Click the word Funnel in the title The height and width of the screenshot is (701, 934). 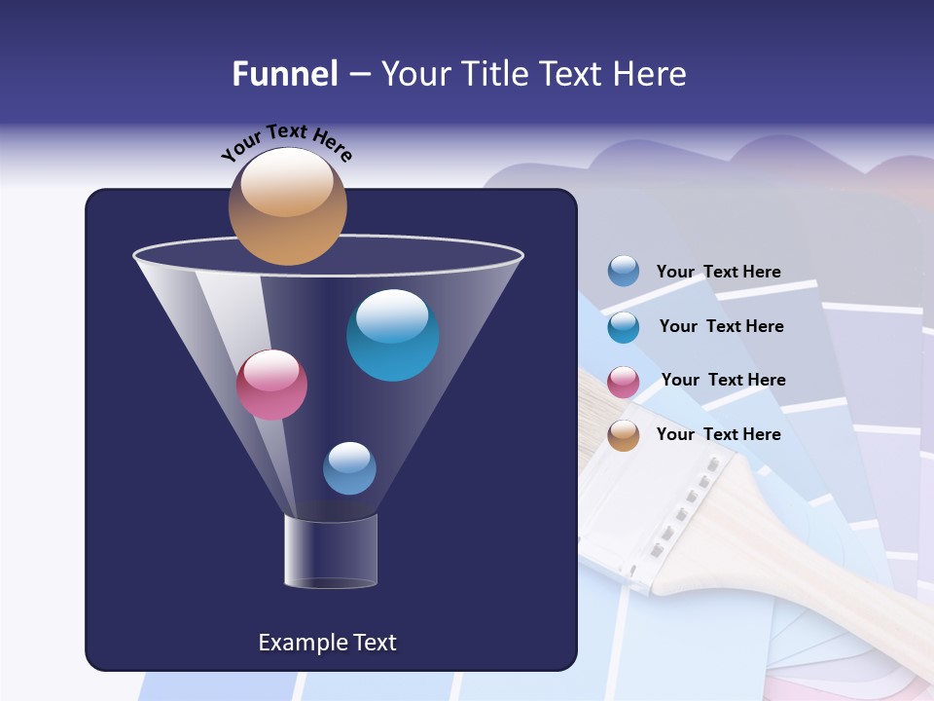[284, 74]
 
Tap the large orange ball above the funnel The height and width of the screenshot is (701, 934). [287, 206]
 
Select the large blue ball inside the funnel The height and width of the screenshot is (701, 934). [392, 335]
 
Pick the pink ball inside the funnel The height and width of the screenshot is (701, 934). [271, 385]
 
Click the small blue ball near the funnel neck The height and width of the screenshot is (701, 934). [349, 468]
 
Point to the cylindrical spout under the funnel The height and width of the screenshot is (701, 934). [330, 551]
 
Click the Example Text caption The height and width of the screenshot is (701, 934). [327, 643]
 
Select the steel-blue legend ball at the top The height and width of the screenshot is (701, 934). [624, 272]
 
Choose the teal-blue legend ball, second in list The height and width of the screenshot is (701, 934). [624, 326]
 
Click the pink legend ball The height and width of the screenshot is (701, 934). [624, 381]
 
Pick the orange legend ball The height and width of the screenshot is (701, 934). [624, 435]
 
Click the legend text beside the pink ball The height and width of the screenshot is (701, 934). [723, 380]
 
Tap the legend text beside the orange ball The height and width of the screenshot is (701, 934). [718, 434]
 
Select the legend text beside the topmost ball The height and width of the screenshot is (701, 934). [718, 272]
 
